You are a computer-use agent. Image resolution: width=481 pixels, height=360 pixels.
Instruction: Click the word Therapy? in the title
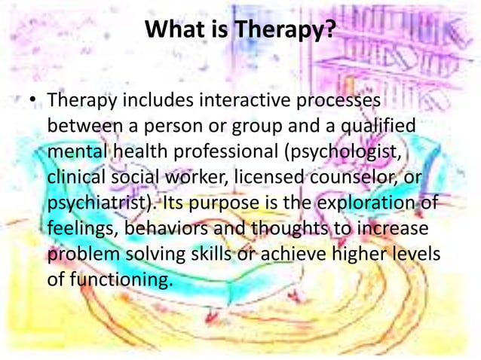click(x=284, y=31)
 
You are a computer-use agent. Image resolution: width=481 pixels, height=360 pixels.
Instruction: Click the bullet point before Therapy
click(x=34, y=100)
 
